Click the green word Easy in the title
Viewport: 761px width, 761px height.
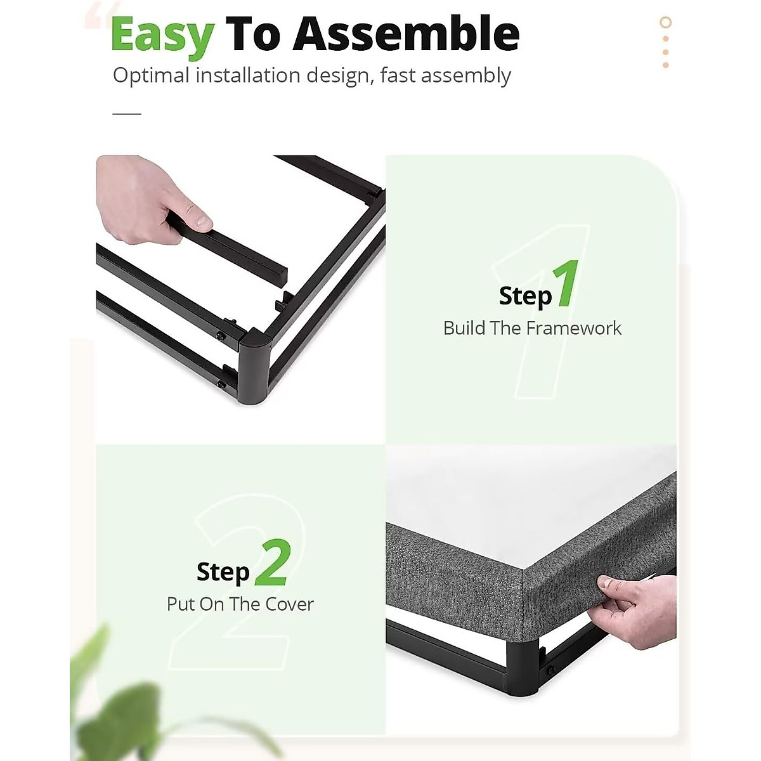(x=162, y=35)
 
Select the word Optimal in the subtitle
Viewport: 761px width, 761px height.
(x=151, y=75)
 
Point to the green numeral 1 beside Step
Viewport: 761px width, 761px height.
(x=566, y=284)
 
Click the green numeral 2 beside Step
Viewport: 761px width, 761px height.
(x=273, y=563)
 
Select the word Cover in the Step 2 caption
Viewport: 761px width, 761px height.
(x=289, y=604)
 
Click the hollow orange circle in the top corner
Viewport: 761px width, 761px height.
(x=665, y=23)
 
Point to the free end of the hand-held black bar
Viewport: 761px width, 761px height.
(x=279, y=277)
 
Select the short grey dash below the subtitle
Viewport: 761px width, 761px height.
(x=127, y=114)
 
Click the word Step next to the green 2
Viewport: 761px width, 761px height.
(x=223, y=571)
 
